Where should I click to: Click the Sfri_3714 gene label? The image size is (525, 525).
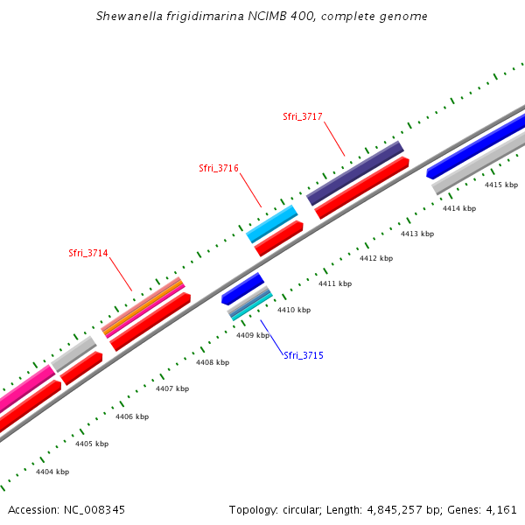coord(88,253)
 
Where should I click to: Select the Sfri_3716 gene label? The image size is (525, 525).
coord(219,168)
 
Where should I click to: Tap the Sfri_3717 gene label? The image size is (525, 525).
coord(303,116)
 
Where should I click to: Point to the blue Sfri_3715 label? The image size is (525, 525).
coord(304,355)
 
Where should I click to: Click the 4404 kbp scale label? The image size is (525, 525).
coord(52,472)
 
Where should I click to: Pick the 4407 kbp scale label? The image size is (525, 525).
coord(172,388)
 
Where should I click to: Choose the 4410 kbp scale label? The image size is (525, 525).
coord(294,310)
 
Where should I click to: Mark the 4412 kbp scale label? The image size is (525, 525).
coord(376,258)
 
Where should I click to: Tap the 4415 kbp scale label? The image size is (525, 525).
coord(501,185)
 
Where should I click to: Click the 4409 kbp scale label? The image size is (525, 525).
coord(253,335)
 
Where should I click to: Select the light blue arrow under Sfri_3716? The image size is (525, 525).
coord(272,224)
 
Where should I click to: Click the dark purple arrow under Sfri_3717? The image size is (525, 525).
coord(354,172)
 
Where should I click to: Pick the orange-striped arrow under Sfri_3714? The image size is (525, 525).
coord(143,306)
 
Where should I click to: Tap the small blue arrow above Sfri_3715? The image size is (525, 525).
coord(242,289)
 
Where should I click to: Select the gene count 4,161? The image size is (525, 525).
coord(500,509)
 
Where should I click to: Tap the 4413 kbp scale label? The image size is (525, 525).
coord(417,234)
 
